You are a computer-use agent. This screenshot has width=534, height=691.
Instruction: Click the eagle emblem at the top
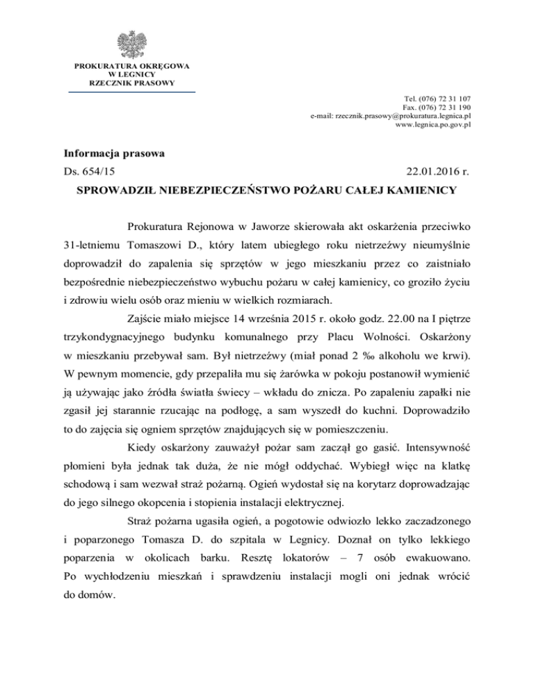(131, 44)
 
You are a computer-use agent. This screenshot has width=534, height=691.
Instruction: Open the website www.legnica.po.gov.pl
(433, 125)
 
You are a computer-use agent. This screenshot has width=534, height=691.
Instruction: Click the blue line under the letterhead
(131, 91)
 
